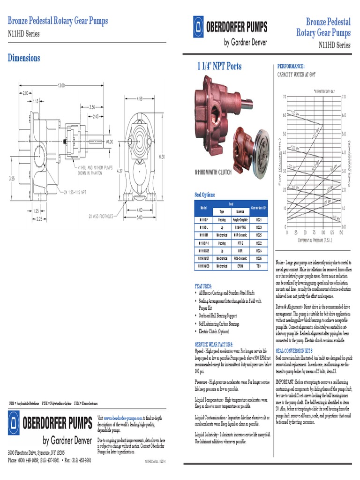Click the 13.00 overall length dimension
coord(61,85)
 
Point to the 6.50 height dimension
coord(162,157)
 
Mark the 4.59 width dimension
coord(139,98)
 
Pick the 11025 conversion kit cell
coord(258,234)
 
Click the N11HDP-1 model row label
coord(203,243)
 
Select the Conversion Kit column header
coord(258,207)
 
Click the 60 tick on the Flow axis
coord(284,115)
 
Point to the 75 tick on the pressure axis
coord(310,232)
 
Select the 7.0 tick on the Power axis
coord(344,97)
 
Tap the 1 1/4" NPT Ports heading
coord(219,67)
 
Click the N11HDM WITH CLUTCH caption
coord(213,172)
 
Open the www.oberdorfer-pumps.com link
coord(123,417)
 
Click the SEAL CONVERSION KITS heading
coord(294,350)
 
